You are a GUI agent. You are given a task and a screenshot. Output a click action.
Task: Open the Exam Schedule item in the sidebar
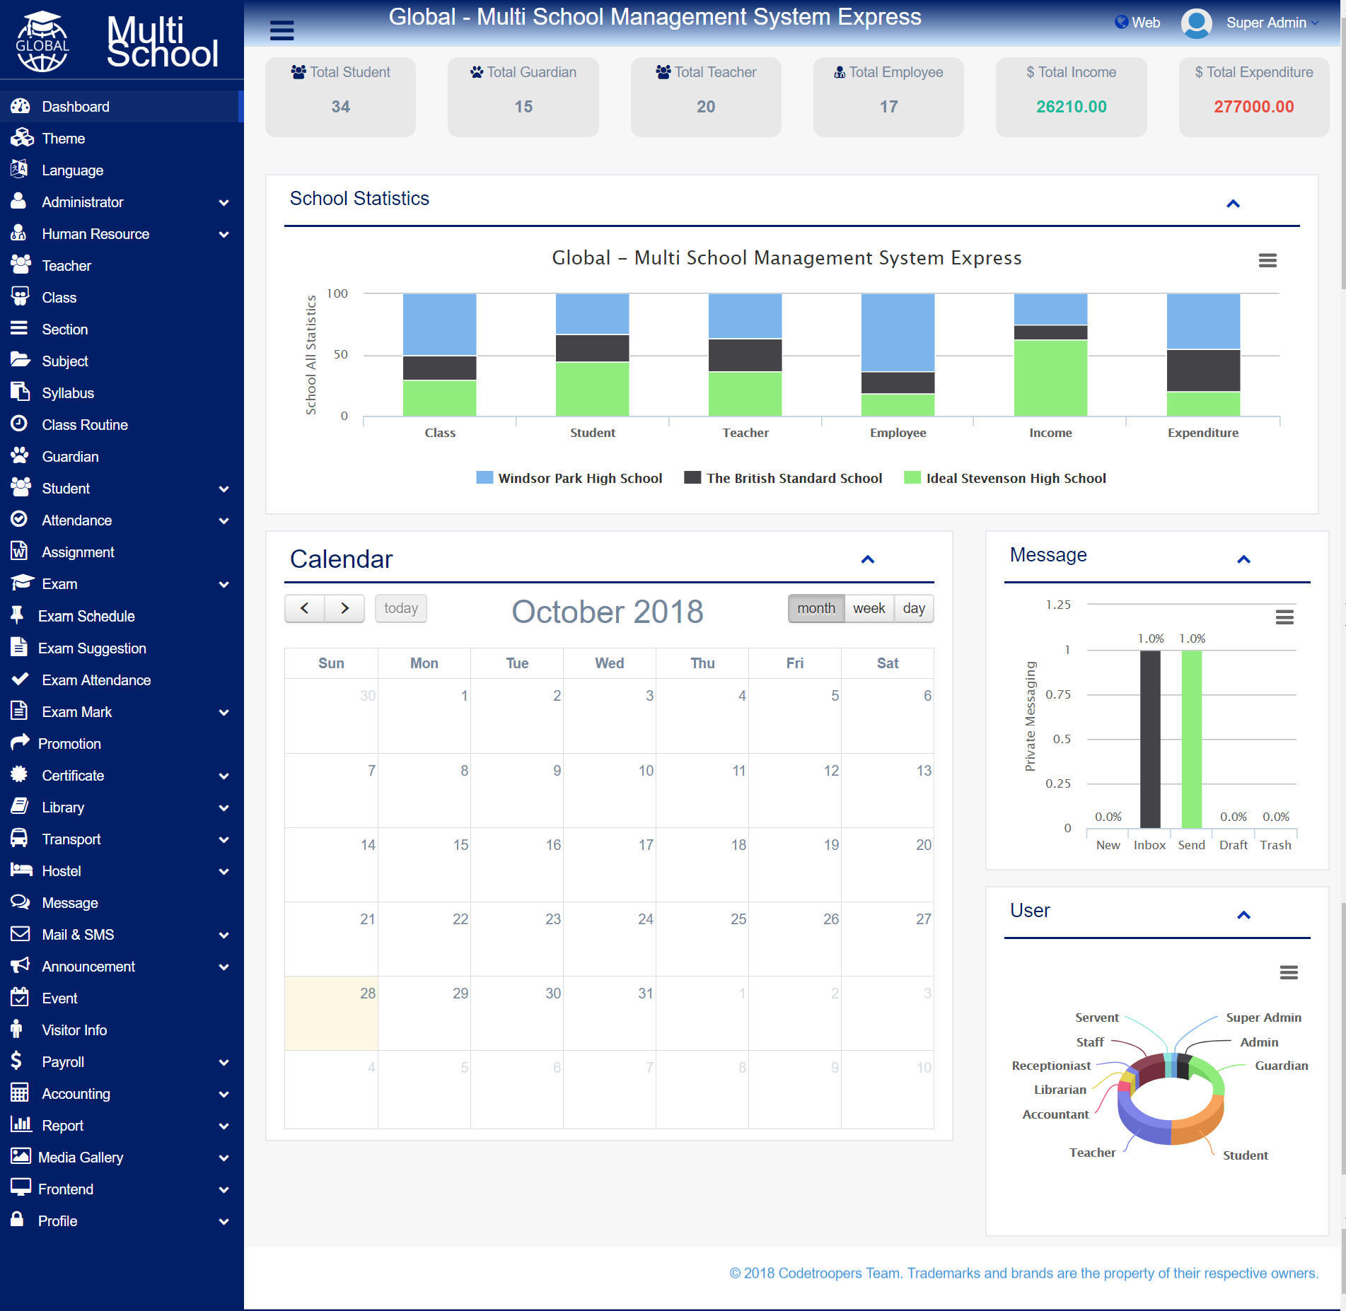[86, 616]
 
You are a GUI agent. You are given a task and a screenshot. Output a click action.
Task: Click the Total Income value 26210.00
[1071, 107]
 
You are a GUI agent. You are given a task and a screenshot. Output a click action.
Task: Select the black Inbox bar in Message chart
[1150, 739]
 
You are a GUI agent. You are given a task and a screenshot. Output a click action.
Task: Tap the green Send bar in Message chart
[1192, 739]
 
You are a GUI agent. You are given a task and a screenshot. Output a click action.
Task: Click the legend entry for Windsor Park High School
[569, 478]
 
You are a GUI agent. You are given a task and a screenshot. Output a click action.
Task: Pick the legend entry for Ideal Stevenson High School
[1005, 478]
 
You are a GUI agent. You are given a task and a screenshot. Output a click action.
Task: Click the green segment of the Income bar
[1050, 378]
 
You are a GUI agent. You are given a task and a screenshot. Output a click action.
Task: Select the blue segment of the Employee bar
[898, 332]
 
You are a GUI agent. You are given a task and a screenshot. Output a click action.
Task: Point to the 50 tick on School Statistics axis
[341, 354]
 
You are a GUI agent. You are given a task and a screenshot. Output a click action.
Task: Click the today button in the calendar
[401, 608]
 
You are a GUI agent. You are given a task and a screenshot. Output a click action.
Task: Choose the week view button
[869, 608]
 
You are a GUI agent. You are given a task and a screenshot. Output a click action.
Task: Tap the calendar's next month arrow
[344, 608]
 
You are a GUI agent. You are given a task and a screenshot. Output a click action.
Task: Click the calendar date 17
[646, 845]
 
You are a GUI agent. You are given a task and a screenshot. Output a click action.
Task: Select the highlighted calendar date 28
[368, 994]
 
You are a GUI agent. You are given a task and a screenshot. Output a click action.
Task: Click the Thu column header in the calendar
[702, 663]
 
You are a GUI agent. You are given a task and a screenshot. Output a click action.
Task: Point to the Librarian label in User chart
[1060, 1090]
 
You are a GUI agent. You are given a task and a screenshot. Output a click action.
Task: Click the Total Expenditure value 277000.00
[1253, 107]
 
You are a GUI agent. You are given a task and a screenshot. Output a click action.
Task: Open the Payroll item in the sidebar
[63, 1062]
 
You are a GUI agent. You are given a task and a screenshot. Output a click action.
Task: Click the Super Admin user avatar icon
[1197, 23]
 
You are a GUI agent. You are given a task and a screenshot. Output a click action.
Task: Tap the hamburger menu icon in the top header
[282, 30]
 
